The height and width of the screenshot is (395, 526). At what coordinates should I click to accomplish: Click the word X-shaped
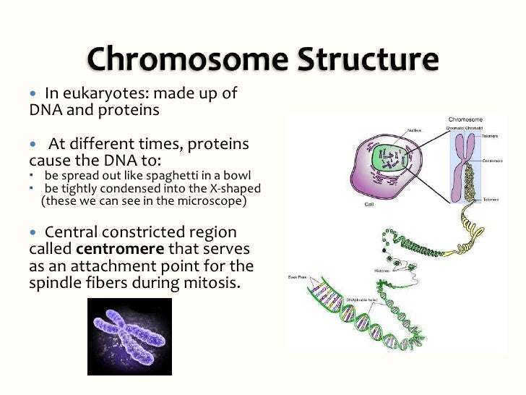pyautogui.click(x=232, y=188)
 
